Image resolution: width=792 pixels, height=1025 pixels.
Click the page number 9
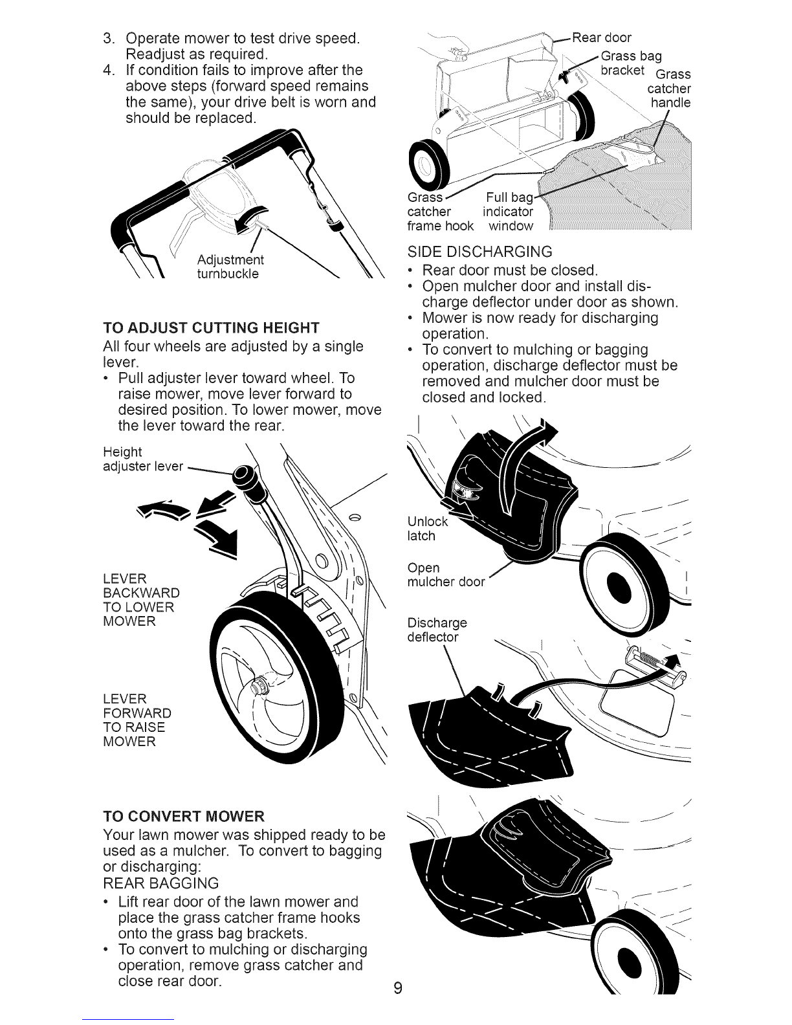coord(398,987)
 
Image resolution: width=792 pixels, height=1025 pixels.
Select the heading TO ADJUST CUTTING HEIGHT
coord(212,328)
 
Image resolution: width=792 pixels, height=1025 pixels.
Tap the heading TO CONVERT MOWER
coord(184,816)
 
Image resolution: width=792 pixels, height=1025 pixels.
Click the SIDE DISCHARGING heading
coord(479,252)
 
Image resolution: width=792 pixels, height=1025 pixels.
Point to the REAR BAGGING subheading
coord(161,883)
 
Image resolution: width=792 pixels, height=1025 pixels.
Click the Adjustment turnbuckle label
coord(230,267)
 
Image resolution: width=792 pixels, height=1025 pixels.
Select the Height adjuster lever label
coord(143,459)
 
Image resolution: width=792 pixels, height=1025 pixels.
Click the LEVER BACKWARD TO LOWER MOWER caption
coord(141,600)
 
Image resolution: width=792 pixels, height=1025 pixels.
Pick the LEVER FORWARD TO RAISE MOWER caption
coord(137,720)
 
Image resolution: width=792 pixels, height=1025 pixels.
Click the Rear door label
coord(601,38)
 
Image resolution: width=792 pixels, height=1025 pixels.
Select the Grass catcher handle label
coord(669,89)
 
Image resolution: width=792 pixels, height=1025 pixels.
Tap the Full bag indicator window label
coord(508,212)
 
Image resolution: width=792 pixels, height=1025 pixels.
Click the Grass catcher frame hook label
coord(440,212)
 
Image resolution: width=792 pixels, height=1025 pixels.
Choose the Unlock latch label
coord(427,529)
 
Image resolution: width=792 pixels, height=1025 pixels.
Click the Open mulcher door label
coord(446,575)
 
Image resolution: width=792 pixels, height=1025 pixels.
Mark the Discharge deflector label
coord(437,630)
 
